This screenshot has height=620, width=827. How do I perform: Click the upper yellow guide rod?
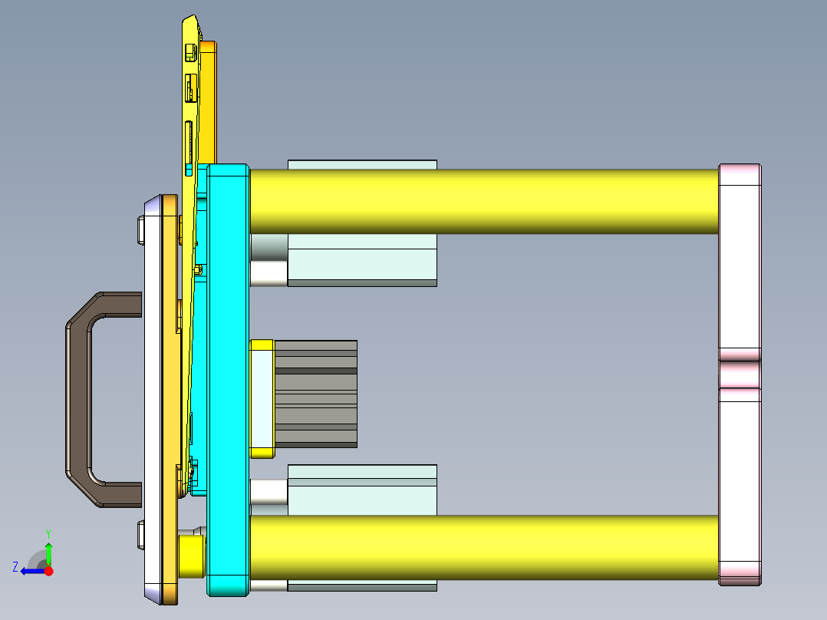(x=483, y=201)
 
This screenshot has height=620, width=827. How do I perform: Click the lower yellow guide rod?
(x=483, y=547)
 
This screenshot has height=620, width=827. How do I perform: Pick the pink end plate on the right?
(x=740, y=269)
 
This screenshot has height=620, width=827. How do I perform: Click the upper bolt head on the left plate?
(x=140, y=231)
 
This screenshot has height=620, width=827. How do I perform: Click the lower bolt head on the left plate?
(x=140, y=535)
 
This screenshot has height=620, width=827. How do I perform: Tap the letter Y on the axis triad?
(x=48, y=532)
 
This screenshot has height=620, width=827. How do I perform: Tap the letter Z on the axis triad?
(x=15, y=567)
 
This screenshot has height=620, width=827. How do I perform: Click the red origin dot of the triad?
(x=48, y=571)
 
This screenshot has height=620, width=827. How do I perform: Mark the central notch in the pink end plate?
(x=740, y=374)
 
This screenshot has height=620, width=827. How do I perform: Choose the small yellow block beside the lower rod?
(x=191, y=556)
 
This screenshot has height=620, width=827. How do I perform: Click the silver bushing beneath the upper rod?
(x=269, y=260)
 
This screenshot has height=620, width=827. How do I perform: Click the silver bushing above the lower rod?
(x=269, y=491)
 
